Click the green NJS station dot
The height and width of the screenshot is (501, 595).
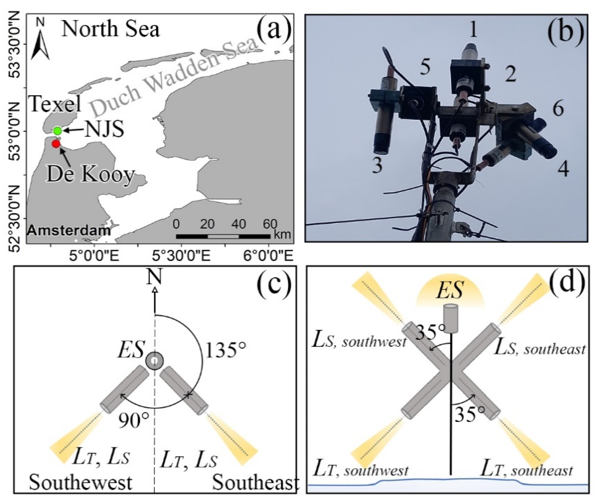(x=58, y=131)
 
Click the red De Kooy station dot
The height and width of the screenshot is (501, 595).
(x=56, y=144)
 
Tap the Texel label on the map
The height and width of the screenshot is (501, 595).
(x=55, y=104)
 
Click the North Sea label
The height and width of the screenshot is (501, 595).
(x=110, y=29)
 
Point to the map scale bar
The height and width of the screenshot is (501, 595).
(x=223, y=236)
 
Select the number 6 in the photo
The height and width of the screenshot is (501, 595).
(x=558, y=108)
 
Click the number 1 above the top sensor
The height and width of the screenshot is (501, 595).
(x=473, y=30)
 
